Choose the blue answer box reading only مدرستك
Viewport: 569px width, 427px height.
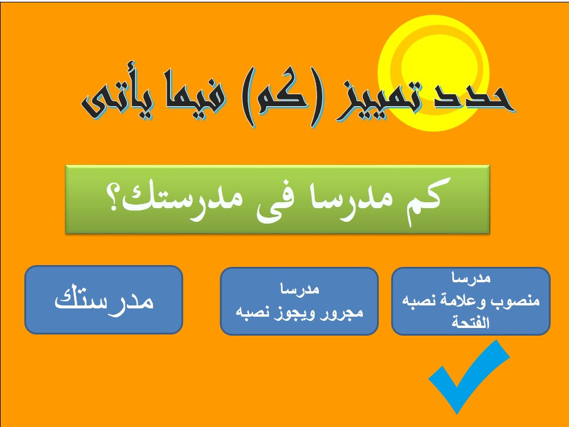(x=104, y=299)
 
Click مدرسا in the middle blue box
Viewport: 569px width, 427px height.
(x=299, y=289)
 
